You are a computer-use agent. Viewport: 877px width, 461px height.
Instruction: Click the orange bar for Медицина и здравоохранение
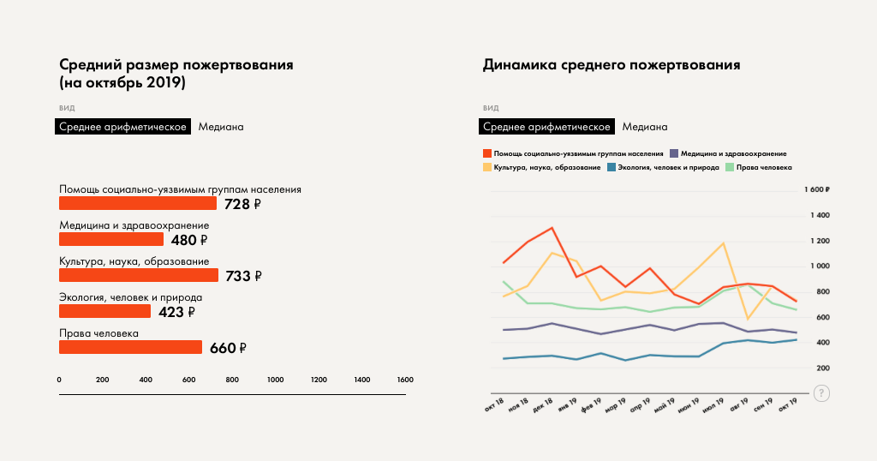pyautogui.click(x=110, y=239)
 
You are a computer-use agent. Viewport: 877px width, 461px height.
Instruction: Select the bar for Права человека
pyautogui.click(x=130, y=347)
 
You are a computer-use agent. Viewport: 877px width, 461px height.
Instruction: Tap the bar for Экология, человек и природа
pyautogui.click(x=104, y=311)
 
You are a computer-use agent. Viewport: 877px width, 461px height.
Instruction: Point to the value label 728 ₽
pyautogui.click(x=242, y=204)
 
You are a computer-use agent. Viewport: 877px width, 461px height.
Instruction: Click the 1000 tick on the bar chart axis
pyautogui.click(x=276, y=380)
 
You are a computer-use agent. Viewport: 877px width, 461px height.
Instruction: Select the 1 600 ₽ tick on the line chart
pyautogui.click(x=818, y=189)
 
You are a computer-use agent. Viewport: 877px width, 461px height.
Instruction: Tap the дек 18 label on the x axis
pyautogui.click(x=543, y=406)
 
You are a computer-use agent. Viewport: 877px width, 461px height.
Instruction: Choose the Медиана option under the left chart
pyautogui.click(x=221, y=127)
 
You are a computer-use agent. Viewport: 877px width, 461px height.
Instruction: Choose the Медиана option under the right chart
pyautogui.click(x=645, y=127)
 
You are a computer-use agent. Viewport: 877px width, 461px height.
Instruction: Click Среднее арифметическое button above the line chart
pyautogui.click(x=546, y=127)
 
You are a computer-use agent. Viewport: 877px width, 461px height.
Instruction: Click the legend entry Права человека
pyautogui.click(x=758, y=167)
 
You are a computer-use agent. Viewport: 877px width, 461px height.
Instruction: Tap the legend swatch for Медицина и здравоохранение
pyautogui.click(x=674, y=153)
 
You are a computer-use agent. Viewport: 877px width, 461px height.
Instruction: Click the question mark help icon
pyautogui.click(x=821, y=393)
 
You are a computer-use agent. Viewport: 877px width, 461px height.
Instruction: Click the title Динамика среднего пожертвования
pyautogui.click(x=612, y=64)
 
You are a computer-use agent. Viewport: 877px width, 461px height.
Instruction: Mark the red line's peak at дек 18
pyautogui.click(x=552, y=228)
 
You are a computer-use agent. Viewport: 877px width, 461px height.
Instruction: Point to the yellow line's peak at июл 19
pyautogui.click(x=724, y=243)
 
